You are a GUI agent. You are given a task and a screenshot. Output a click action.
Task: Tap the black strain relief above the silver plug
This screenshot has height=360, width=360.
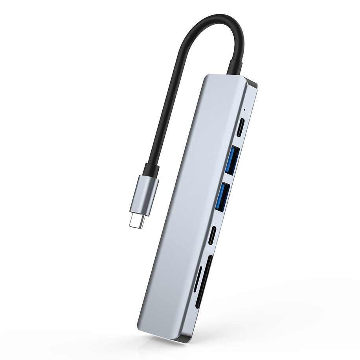point(151,170)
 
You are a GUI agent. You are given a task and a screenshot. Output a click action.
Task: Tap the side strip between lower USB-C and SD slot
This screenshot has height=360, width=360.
point(210,250)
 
